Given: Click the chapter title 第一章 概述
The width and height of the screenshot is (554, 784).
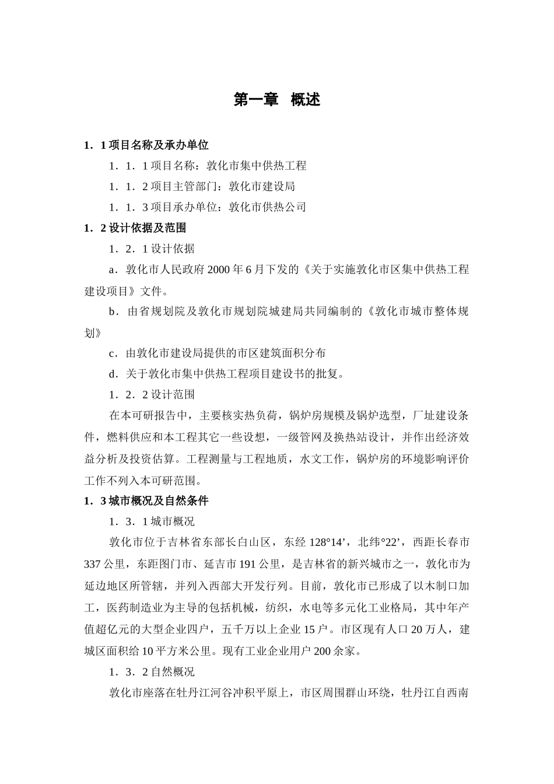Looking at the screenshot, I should click(276, 100).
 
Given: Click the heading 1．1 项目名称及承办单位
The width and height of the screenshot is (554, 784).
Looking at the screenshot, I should click(146, 145).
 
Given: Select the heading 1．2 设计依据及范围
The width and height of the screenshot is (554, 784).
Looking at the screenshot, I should click(135, 228).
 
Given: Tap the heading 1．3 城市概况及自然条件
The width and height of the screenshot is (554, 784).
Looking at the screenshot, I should click(146, 501).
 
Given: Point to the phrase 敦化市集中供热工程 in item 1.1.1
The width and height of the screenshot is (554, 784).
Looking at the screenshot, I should click(257, 166).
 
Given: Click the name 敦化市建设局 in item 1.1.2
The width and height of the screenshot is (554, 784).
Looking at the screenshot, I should click(262, 187).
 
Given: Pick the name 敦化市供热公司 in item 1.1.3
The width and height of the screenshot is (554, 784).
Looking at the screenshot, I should click(267, 207).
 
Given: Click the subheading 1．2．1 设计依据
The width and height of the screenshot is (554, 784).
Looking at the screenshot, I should click(152, 249).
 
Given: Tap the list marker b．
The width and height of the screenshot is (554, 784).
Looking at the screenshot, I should click(114, 311).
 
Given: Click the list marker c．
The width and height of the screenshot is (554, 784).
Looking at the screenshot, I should click(114, 353).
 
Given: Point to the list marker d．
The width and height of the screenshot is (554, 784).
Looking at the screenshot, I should click(114, 374).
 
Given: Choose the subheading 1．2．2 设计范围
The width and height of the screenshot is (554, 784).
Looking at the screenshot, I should click(152, 395).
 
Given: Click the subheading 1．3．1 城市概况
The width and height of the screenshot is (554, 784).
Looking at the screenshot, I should click(152, 521).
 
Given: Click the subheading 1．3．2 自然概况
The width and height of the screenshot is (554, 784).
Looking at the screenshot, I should click(152, 672).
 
